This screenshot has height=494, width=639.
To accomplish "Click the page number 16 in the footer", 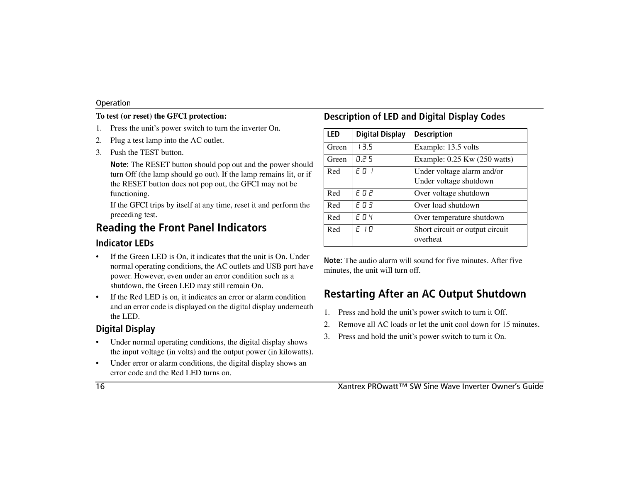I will tap(100, 386).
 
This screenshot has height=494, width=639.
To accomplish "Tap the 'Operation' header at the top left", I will tap(113, 103).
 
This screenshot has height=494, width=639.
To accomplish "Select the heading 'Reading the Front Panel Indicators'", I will tap(181, 227).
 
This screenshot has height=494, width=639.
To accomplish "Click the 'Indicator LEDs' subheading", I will tap(124, 243).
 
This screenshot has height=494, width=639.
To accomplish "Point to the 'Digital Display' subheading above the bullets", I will tap(125, 329).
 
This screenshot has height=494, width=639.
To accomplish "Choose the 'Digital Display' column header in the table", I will tap(380, 134).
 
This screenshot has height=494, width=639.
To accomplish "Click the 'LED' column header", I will tap(333, 134).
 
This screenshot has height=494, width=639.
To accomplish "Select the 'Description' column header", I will tap(433, 134).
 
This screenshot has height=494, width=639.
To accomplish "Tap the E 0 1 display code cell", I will tap(365, 171).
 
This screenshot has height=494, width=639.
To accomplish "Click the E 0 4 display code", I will tap(365, 218).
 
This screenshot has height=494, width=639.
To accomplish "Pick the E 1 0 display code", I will tap(365, 230).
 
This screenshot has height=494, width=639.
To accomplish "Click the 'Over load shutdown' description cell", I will tap(446, 205).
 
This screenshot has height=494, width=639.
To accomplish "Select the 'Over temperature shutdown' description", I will tap(459, 218).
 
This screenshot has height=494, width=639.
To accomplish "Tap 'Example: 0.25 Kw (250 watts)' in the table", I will tap(463, 159).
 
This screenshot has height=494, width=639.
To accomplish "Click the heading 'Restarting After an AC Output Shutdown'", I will tap(425, 294).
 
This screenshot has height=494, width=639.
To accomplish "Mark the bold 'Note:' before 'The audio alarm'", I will tap(333, 261).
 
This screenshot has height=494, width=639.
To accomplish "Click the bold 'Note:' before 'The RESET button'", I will tap(120, 165).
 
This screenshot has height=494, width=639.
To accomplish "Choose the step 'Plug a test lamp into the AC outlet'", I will tap(167, 140).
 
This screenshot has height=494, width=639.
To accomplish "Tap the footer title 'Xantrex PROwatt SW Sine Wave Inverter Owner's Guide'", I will tap(440, 386).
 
